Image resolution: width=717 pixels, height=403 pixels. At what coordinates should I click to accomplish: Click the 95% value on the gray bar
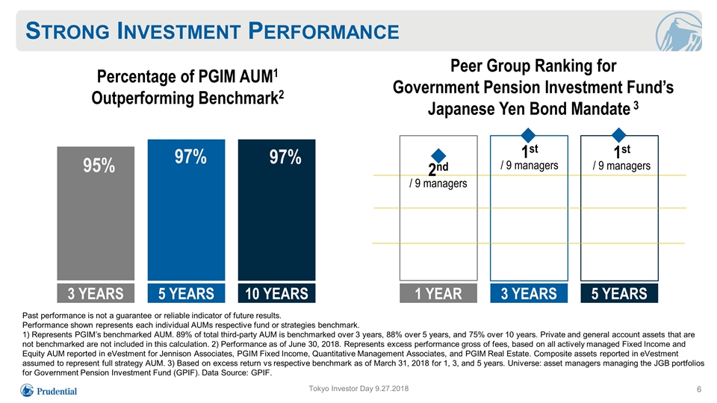(x=99, y=166)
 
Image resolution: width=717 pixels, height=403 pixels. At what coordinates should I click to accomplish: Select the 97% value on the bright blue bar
(x=190, y=157)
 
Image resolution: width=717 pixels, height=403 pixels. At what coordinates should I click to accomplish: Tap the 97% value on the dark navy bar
(x=285, y=157)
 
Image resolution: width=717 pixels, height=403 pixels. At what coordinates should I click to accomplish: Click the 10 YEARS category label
(x=276, y=293)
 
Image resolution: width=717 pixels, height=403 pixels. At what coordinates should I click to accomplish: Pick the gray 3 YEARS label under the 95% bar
(x=96, y=293)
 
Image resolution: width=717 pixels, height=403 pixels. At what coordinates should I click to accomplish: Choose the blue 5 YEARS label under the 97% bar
(x=186, y=293)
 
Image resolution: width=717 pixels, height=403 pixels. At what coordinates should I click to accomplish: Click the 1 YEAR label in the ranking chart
(x=438, y=293)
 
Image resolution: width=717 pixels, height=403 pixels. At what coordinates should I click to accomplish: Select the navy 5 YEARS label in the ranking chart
(x=619, y=293)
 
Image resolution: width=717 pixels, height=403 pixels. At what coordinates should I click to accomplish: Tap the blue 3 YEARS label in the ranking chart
(x=529, y=293)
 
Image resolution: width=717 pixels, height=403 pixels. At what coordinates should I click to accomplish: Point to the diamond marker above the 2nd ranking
(x=438, y=156)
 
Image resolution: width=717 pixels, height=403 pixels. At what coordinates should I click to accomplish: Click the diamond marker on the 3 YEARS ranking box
(x=528, y=135)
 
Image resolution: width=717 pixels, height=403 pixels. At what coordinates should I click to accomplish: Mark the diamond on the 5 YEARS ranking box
(x=618, y=135)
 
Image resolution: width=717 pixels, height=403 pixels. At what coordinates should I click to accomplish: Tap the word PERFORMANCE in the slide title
(x=323, y=31)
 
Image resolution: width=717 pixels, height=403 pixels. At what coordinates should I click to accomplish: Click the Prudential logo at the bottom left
(x=49, y=390)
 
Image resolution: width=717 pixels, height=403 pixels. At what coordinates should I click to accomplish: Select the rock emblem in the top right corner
(x=679, y=31)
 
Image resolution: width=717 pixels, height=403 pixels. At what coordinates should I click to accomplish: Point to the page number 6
(x=699, y=390)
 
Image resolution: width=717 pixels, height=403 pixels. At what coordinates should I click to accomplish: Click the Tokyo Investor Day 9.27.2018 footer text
(x=358, y=388)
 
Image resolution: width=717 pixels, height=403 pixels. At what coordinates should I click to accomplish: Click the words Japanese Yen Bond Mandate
(x=529, y=109)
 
